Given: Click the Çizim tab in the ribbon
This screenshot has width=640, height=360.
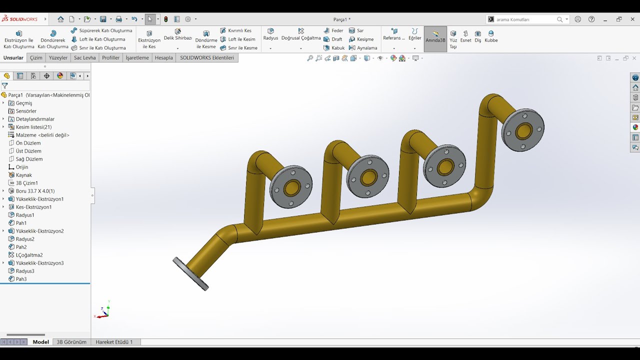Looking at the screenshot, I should [36, 57].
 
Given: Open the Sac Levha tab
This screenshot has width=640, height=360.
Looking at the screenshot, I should [84, 57].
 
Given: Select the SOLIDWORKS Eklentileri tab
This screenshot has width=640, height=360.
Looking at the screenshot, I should [207, 57].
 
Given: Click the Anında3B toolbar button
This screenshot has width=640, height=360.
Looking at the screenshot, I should [435, 36].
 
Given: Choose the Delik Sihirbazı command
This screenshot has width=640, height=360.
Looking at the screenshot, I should [177, 34].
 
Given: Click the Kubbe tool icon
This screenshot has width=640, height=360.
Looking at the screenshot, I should [491, 36].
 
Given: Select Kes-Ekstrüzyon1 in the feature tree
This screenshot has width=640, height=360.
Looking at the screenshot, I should [33, 207].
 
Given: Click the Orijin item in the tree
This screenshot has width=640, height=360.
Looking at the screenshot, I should [22, 167].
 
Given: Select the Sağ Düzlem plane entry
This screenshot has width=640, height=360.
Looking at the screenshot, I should [29, 159].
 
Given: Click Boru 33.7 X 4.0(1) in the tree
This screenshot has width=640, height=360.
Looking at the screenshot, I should [35, 191].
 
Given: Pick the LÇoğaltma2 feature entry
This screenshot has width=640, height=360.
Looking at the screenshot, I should [29, 255].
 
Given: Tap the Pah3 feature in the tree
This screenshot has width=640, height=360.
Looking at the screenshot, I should [21, 279].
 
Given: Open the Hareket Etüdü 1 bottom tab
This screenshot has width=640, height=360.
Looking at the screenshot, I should [114, 342].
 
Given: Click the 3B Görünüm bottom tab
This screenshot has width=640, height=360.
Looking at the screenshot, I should [71, 342].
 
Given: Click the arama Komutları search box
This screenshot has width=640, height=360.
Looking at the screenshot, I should [525, 19].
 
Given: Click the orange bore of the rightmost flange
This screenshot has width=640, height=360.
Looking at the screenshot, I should [523, 131].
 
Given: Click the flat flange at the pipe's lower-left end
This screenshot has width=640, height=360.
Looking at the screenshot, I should [190, 273].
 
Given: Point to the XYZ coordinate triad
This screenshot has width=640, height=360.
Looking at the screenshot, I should [103, 312].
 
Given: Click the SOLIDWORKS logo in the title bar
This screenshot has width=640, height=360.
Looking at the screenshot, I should [20, 19].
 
